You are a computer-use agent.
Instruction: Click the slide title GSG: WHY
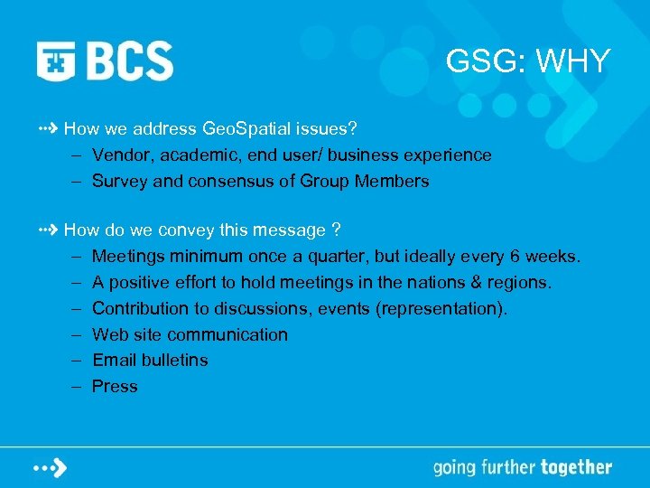pos(528,61)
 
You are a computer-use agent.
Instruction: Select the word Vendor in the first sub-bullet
pos(120,155)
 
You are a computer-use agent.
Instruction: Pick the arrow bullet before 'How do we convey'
pos(49,230)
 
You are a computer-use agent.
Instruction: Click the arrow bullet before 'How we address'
pos(49,129)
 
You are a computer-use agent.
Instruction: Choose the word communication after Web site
pos(227,335)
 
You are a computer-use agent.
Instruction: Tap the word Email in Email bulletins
pos(115,361)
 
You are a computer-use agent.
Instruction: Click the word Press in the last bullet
pos(115,387)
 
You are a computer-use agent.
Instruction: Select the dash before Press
pos(77,387)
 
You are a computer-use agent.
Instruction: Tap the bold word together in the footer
pos(575,467)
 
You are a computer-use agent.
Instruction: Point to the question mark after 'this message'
pos(335,231)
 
